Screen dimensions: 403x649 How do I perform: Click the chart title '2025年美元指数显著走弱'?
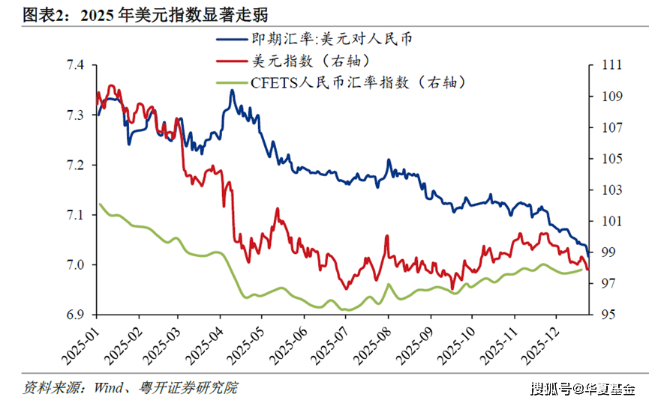(173, 14)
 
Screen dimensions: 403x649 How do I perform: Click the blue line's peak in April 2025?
(232, 91)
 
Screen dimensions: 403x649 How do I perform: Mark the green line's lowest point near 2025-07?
(344, 309)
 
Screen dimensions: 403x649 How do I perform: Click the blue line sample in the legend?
(233, 39)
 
